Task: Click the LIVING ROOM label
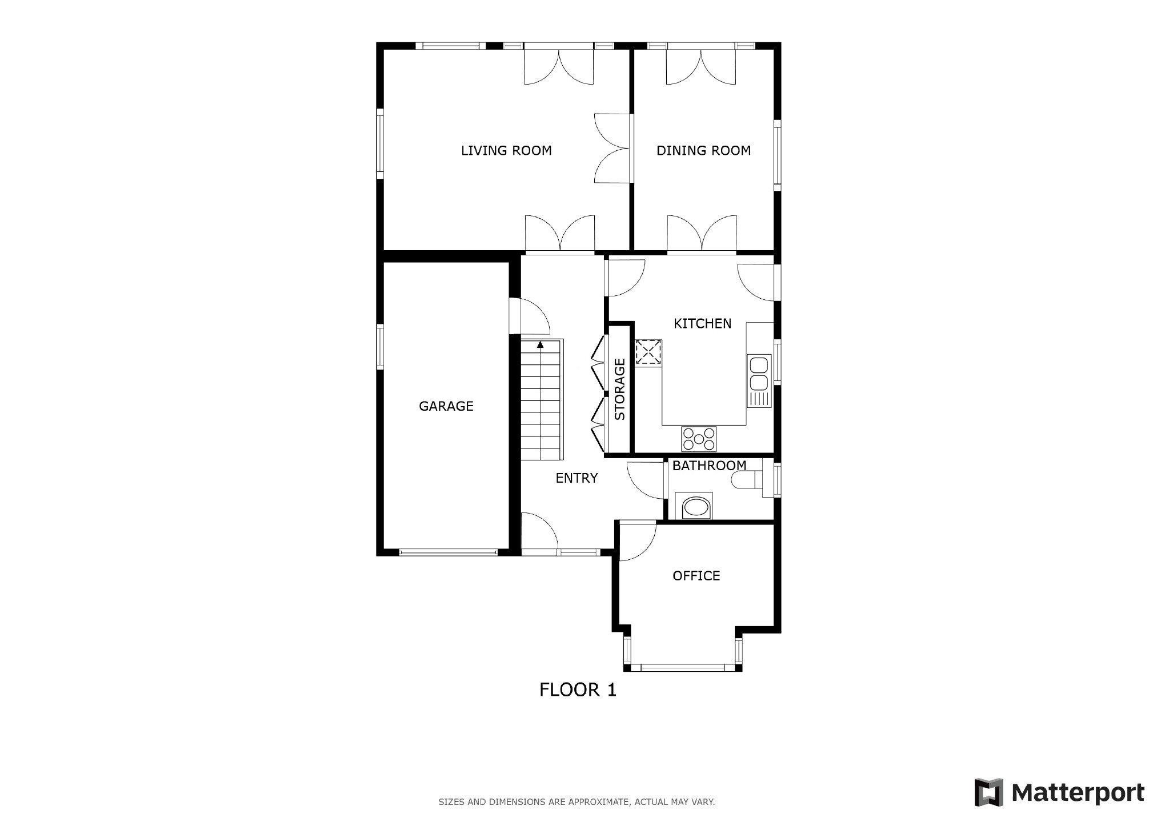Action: coord(506,150)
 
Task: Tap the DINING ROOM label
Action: coord(703,150)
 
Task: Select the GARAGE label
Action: coord(446,406)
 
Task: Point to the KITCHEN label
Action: coord(702,323)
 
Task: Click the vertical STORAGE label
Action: coord(620,389)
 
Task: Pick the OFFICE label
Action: coord(696,576)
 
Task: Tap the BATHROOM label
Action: coord(709,466)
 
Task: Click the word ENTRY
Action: coord(577,478)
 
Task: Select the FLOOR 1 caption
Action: coord(578,690)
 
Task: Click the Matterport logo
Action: coord(1059,793)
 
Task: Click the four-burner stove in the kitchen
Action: coord(698,439)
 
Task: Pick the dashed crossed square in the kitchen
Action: coord(648,352)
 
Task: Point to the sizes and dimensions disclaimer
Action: coord(577,802)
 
